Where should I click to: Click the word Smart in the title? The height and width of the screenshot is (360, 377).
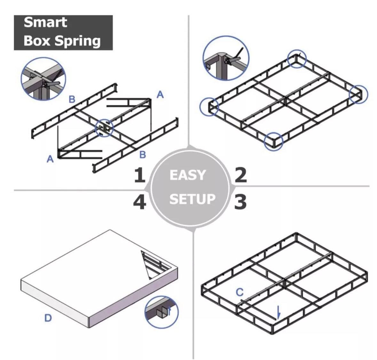pos(45,22)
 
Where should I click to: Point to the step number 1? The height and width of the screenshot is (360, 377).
pos(139,176)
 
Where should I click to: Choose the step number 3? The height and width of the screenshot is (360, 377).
pos(240,202)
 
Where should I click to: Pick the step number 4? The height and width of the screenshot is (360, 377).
pos(139,202)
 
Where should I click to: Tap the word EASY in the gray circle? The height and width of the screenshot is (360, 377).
pos(188,175)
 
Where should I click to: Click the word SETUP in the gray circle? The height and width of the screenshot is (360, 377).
pos(192,199)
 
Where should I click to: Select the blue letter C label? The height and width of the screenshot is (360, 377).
pos(240,292)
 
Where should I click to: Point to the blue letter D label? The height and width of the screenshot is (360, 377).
pos(48,318)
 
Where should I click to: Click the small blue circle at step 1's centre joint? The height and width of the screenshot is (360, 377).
pos(104,128)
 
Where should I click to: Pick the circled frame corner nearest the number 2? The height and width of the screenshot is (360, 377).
pos(274,141)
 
